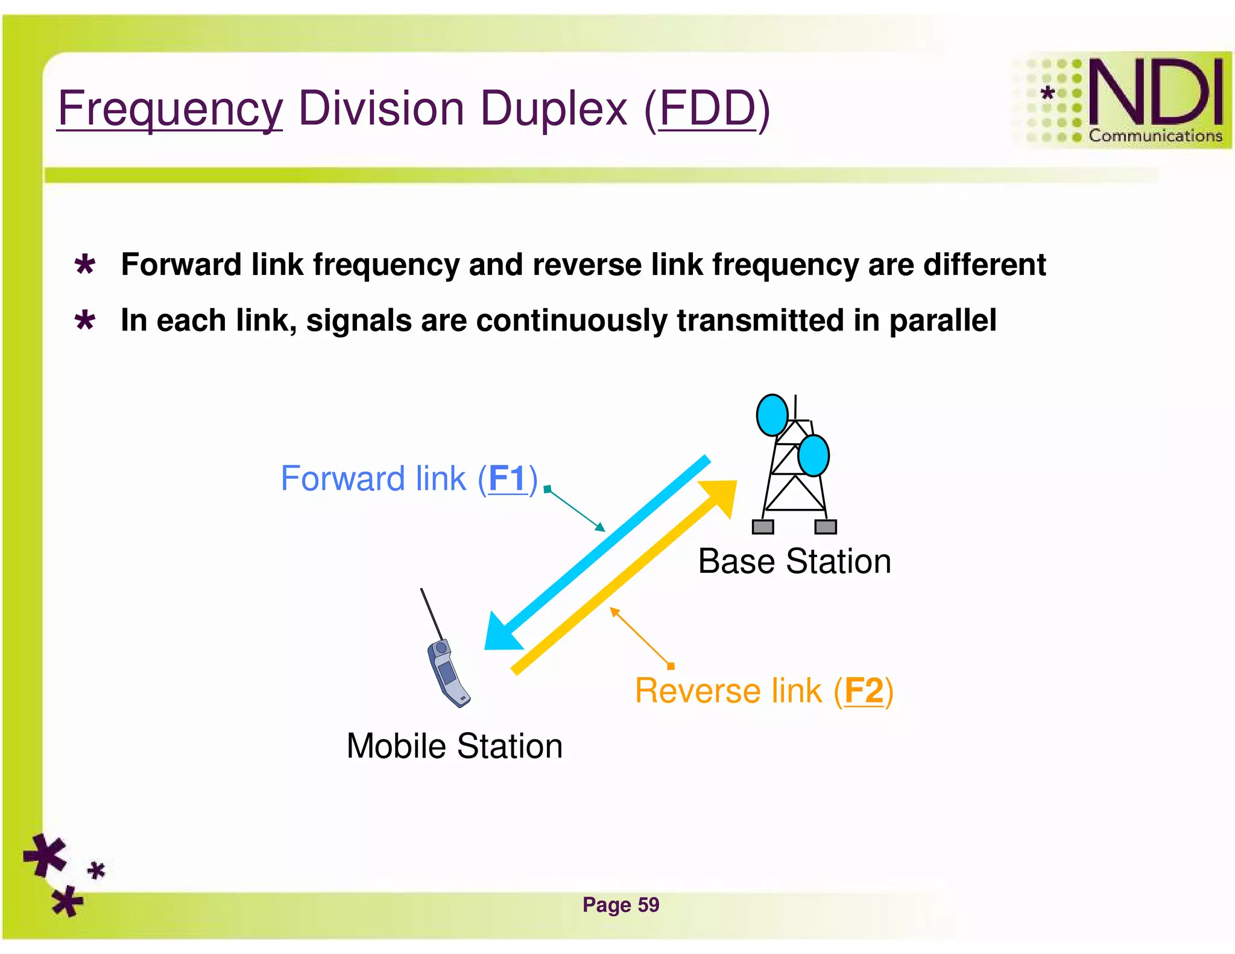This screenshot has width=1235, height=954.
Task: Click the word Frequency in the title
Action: [169, 109]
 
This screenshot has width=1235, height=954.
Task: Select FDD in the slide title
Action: [707, 109]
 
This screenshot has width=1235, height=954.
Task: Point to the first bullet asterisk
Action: [85, 265]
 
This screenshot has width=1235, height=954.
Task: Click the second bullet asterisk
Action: [85, 320]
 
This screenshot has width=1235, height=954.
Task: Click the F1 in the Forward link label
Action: [507, 479]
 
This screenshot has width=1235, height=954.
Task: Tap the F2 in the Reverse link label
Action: [864, 690]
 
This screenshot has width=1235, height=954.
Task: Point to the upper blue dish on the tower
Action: [772, 415]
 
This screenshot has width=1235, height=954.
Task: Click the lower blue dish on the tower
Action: [813, 455]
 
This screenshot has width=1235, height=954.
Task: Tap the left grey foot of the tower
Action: [763, 526]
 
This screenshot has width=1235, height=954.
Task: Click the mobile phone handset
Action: [447, 672]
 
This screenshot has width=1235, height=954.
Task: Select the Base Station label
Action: [794, 561]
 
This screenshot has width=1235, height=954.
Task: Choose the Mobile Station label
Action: [454, 746]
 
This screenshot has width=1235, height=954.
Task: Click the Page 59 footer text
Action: [621, 905]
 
